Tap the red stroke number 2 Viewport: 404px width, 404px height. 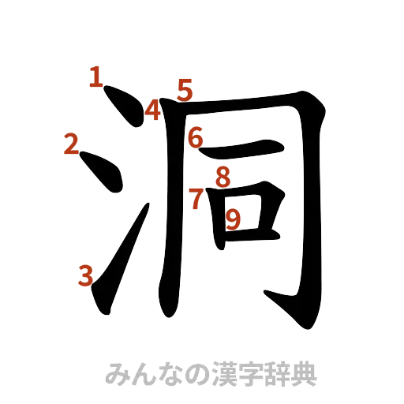point(72,144)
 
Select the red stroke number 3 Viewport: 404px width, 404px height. point(85,276)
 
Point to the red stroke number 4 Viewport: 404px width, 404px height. point(152,110)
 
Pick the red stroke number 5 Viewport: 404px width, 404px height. point(185,89)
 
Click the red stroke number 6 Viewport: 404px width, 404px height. point(196,139)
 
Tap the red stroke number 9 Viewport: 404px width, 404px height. point(233,218)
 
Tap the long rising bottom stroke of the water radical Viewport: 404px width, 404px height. point(118,260)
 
